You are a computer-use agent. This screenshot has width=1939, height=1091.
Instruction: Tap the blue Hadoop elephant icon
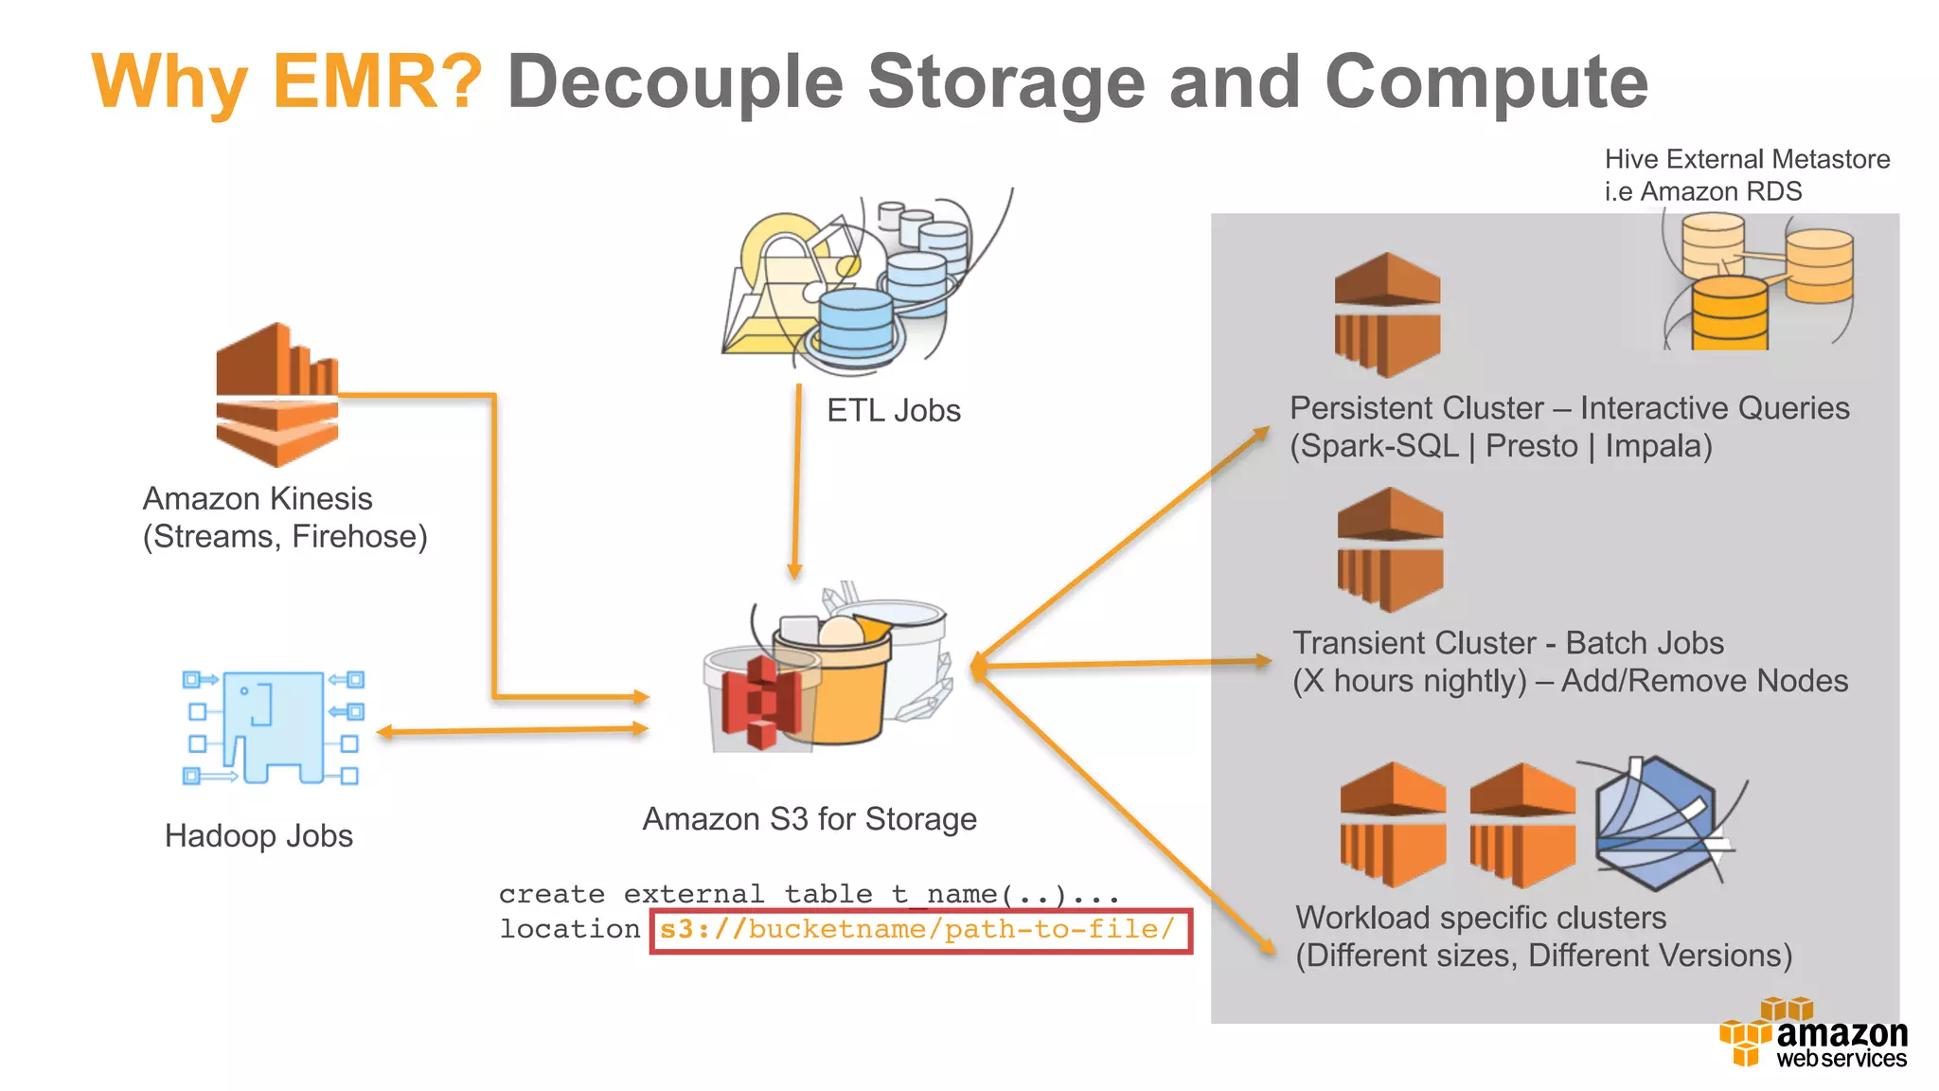(x=273, y=727)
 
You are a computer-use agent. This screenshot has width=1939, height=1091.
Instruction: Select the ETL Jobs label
(x=893, y=410)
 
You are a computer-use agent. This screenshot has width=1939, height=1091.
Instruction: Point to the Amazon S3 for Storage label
(x=809, y=818)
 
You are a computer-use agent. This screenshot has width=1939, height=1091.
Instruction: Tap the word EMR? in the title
(x=377, y=82)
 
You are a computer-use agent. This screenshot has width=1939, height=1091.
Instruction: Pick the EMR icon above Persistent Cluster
(x=1387, y=314)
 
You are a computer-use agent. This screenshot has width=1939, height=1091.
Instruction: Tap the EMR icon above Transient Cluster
(x=1390, y=549)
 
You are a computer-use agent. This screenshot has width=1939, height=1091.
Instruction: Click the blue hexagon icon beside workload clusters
(x=1656, y=824)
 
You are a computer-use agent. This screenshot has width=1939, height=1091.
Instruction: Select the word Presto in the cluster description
(x=1531, y=446)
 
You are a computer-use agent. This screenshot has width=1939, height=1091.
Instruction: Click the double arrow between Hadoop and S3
(x=512, y=730)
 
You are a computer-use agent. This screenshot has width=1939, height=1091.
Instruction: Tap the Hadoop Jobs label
(x=258, y=835)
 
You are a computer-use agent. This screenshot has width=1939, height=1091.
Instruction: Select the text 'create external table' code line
(x=809, y=894)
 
